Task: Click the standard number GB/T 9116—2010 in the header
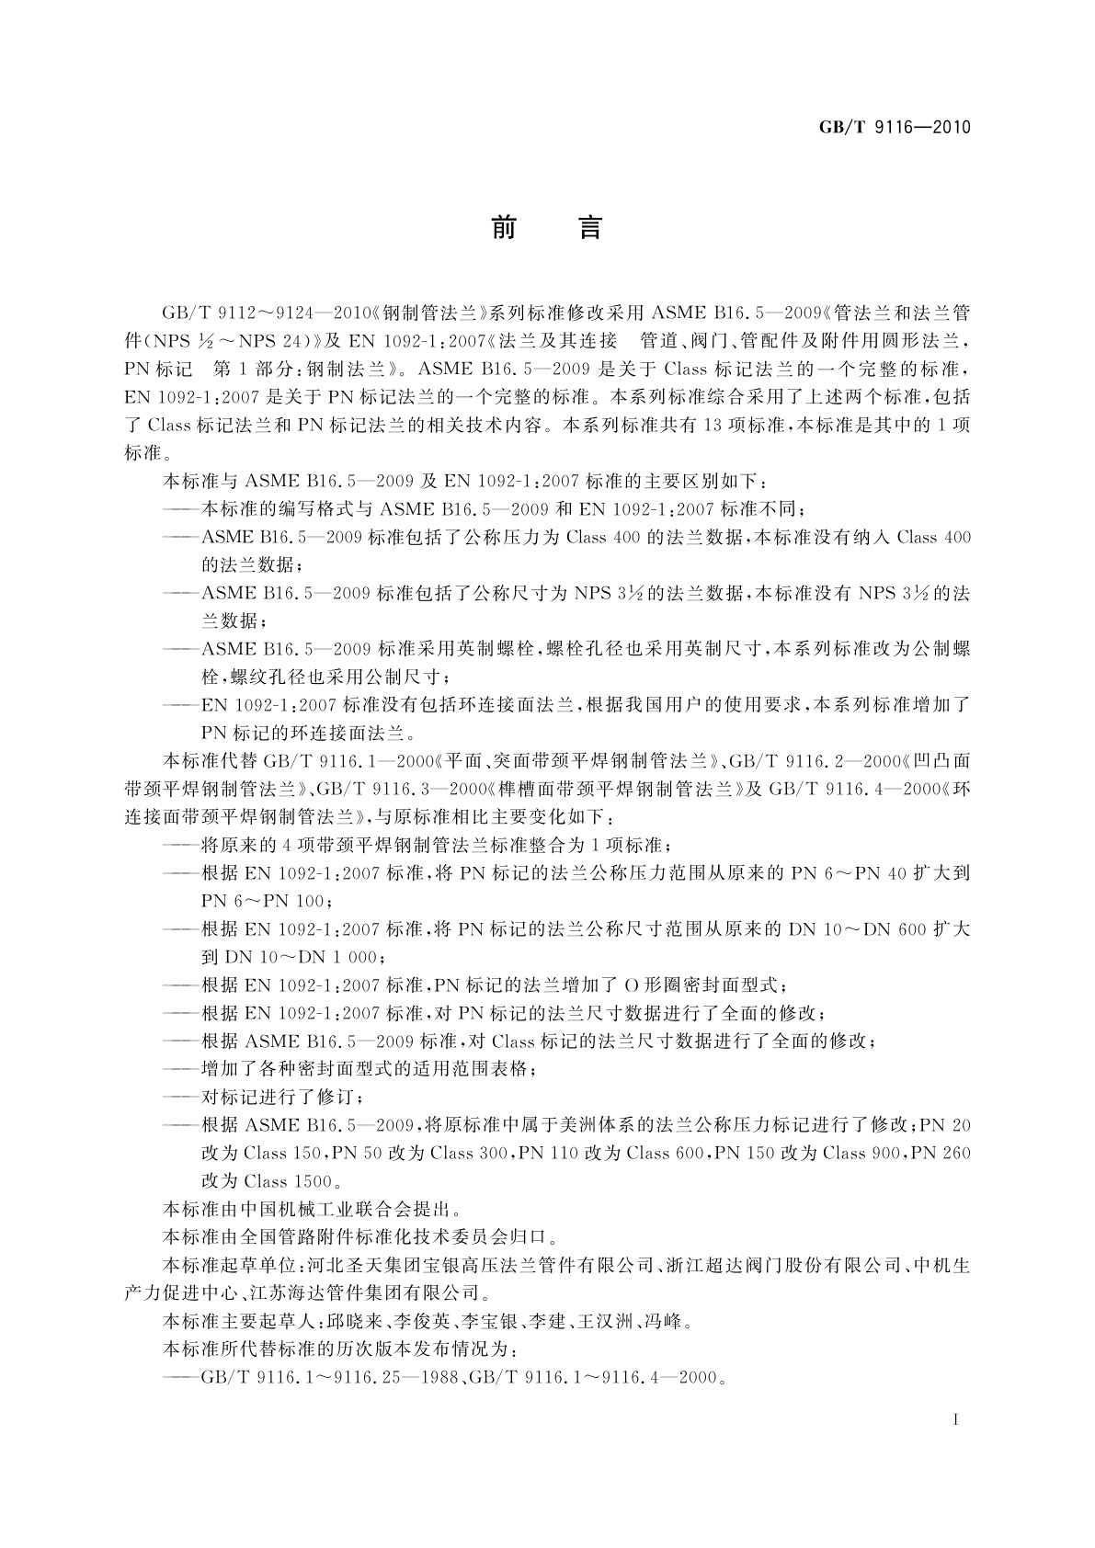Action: click(x=895, y=127)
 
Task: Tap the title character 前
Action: click(x=503, y=227)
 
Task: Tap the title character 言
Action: click(x=589, y=227)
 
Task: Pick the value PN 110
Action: click(x=549, y=1153)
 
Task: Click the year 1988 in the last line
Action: click(x=437, y=1378)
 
